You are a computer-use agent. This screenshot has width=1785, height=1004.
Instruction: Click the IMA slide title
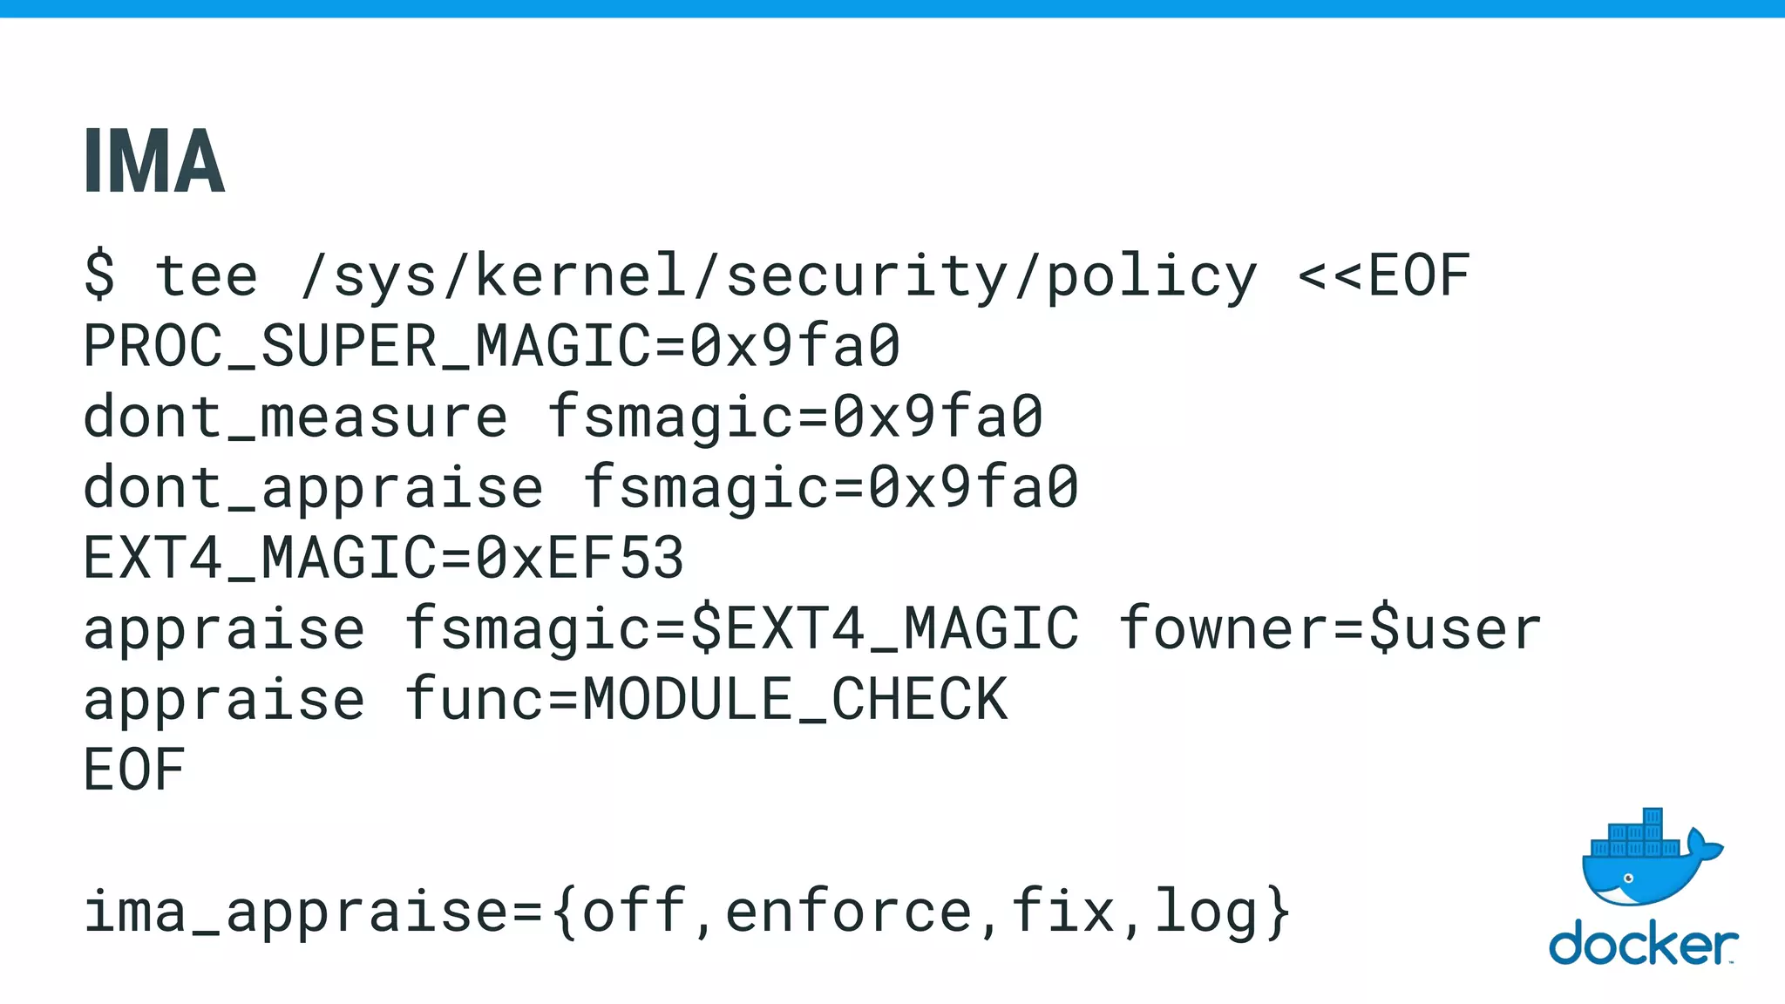[154, 161]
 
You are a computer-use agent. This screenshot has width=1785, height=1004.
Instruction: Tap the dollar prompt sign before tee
[99, 275]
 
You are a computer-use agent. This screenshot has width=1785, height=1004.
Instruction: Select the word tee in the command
[207, 275]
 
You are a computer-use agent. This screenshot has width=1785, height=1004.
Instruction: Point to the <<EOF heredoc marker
[1383, 275]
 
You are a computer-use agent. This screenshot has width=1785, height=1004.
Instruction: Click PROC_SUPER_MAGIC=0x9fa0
[492, 346]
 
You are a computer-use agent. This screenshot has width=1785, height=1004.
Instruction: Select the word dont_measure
[295, 417]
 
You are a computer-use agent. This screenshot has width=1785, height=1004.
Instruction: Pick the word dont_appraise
[313, 487]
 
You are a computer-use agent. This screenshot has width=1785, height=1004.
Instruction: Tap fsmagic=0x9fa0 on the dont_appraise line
[831, 488]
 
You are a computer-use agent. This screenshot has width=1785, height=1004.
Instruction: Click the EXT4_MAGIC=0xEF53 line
[383, 558]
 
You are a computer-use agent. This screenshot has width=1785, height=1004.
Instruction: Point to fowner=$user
[1330, 629]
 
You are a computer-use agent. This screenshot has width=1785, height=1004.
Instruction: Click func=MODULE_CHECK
[706, 700]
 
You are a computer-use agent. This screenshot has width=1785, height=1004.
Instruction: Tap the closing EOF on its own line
[134, 770]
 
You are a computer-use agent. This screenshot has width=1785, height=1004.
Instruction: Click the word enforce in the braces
[849, 912]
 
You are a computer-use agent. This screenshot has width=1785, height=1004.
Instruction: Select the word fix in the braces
[1063, 912]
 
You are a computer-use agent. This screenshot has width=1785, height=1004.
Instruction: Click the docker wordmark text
[1642, 945]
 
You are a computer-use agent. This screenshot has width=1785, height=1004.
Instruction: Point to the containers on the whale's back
[1636, 838]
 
